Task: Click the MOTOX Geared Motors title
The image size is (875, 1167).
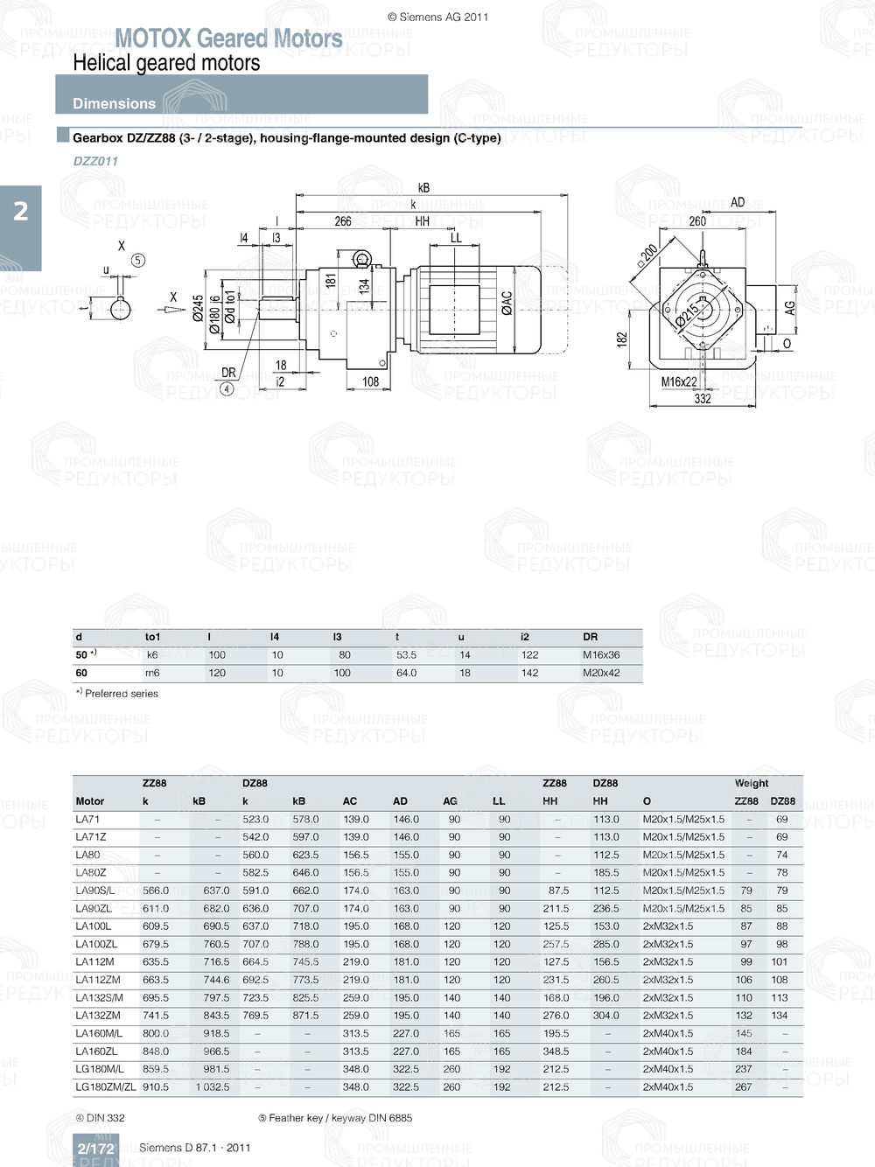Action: (228, 38)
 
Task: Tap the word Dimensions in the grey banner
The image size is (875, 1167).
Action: (114, 103)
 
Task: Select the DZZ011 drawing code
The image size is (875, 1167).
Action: (95, 161)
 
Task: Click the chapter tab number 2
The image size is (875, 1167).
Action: (21, 211)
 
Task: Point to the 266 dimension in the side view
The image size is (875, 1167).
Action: (343, 221)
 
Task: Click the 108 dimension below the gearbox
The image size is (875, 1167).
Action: (370, 381)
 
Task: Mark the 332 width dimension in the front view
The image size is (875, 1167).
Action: (703, 399)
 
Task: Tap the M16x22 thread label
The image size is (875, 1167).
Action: (679, 381)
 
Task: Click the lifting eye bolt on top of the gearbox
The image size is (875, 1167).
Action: (361, 259)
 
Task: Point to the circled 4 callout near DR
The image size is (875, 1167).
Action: (227, 389)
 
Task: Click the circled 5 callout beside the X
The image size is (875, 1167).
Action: (138, 260)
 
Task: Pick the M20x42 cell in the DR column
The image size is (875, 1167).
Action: (601, 673)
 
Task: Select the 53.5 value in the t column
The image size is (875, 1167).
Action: (406, 654)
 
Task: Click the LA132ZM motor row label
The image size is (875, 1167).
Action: (98, 1016)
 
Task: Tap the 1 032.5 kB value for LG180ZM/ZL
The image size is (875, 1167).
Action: (213, 1087)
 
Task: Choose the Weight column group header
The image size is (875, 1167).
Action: (751, 783)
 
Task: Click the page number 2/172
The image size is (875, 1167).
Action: (95, 1149)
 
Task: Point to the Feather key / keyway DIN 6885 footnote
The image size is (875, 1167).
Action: (335, 1118)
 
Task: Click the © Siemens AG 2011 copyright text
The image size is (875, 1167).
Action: (437, 17)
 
